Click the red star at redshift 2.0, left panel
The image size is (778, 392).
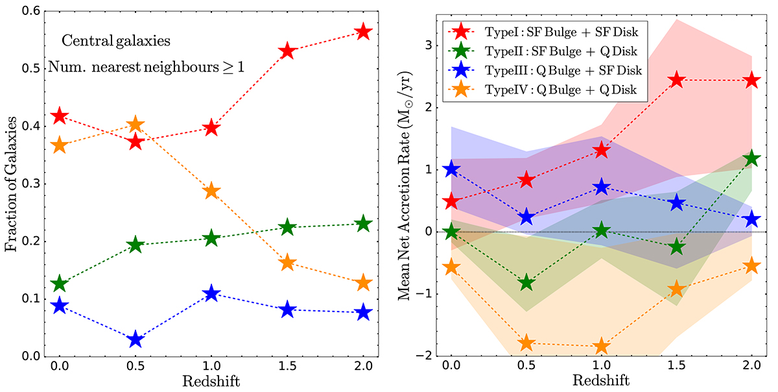pos(363,31)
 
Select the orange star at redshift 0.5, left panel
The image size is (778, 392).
pos(136,125)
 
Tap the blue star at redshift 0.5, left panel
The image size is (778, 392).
pos(136,339)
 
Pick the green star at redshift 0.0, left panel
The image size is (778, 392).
pos(60,284)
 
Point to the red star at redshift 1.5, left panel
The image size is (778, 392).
pos(287,51)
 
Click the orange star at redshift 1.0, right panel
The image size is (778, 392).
pos(602,346)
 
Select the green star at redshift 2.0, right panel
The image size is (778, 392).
pos(752,158)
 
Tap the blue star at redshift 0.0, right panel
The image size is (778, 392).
pos(451,169)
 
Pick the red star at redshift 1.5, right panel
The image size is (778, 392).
pos(677,80)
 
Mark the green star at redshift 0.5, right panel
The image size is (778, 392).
pos(526,283)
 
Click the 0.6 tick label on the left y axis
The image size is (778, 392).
pos(31,11)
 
